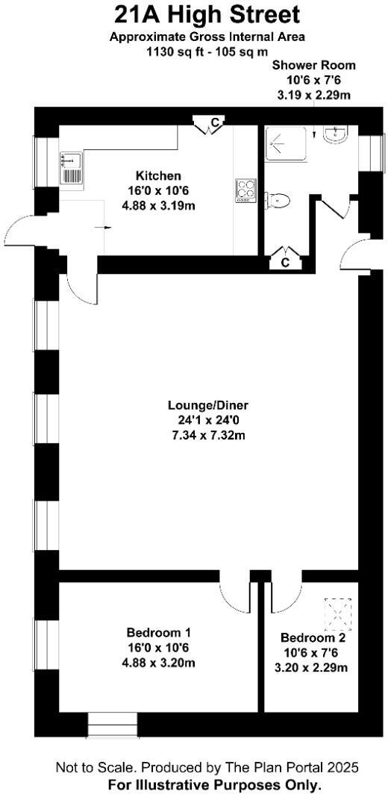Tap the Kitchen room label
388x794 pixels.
click(153, 176)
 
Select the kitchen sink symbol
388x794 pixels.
click(72, 169)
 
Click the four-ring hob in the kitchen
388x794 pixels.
click(245, 190)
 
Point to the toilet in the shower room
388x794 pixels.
click(278, 200)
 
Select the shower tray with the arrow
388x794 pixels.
click(285, 142)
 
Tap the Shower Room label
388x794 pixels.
click(314, 66)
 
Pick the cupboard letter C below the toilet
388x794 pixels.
click(285, 262)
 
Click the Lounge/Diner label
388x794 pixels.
click(207, 405)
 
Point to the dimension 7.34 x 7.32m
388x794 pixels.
click(207, 434)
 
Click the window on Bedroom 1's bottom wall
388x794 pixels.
click(113, 724)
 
